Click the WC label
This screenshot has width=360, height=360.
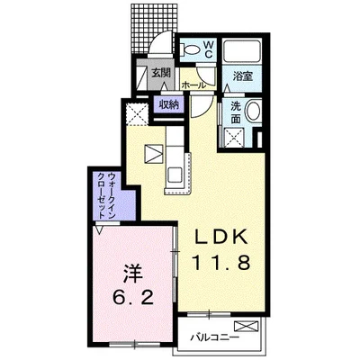click(209, 49)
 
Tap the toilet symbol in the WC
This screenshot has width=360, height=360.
click(189, 49)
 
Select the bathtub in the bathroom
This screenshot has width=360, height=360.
click(242, 50)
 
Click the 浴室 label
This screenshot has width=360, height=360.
click(243, 76)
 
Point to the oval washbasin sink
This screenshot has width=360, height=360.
click(254, 111)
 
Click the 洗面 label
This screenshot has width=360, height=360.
click(236, 112)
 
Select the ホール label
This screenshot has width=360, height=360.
click(193, 85)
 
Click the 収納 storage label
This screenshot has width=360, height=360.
click(168, 104)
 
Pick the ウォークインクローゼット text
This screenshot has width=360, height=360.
click(107, 195)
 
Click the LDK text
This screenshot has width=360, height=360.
click(221, 238)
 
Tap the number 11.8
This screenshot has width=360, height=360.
click(221, 263)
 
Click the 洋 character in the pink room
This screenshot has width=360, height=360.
click(132, 274)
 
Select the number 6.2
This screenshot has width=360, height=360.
click(133, 298)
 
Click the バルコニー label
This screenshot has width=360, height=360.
click(215, 337)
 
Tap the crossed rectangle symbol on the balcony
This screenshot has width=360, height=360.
click(247, 326)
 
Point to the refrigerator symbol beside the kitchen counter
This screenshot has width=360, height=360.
click(154, 154)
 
